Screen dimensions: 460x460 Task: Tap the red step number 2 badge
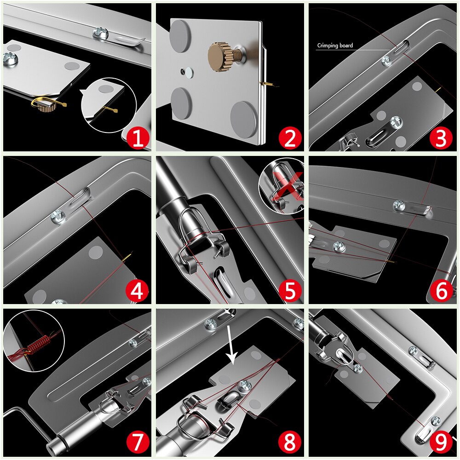[290, 138]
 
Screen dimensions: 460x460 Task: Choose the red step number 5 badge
[290, 291]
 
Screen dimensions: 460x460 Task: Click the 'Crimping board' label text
[335, 46]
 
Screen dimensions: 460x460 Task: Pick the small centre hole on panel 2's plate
[187, 72]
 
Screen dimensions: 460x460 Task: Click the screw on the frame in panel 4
[58, 214]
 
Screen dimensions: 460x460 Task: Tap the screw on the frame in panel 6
[399, 205]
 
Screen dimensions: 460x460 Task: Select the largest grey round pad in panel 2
[244, 119]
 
